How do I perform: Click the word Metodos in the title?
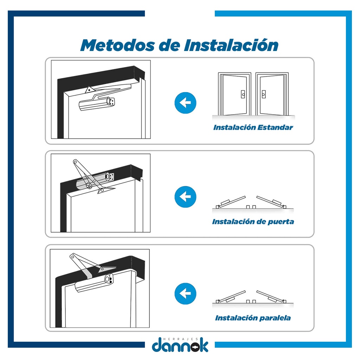(x=117, y=45)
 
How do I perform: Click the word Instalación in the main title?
(x=231, y=45)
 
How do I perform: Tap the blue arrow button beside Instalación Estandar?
(x=185, y=103)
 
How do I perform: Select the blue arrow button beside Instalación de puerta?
(x=185, y=197)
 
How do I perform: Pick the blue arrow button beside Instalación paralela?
(x=185, y=294)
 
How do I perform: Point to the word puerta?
(x=281, y=222)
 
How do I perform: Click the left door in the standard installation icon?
(x=234, y=94)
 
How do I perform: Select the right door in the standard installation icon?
(x=272, y=94)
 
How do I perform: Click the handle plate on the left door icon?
(x=243, y=94)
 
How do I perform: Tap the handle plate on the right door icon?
(x=264, y=94)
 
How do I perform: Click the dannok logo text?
(x=180, y=346)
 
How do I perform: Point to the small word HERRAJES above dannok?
(x=180, y=339)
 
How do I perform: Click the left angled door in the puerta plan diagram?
(x=231, y=202)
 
